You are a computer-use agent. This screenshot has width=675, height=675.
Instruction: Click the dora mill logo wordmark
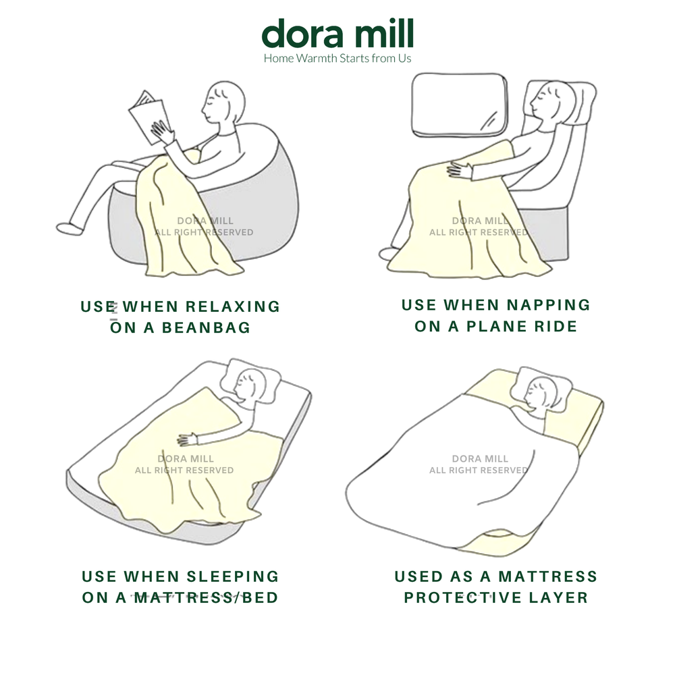pos(337,33)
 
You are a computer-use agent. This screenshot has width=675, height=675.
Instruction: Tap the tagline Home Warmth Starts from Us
pos(337,58)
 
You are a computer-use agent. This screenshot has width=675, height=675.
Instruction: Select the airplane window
pos(460,105)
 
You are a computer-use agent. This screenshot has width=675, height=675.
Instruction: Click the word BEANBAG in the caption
pos(206,327)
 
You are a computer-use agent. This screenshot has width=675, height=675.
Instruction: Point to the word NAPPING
pos(548,305)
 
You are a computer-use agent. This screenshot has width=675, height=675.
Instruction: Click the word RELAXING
pos(233,306)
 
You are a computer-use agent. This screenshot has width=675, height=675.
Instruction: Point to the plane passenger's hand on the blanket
pos(460,170)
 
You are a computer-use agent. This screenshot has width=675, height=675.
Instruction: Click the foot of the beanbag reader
pos(70,229)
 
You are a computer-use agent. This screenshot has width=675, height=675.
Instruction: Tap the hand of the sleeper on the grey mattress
pos(187,439)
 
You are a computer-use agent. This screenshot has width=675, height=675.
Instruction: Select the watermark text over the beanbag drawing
pos(204,226)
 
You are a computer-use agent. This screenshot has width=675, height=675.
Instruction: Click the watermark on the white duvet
pos(479,464)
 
